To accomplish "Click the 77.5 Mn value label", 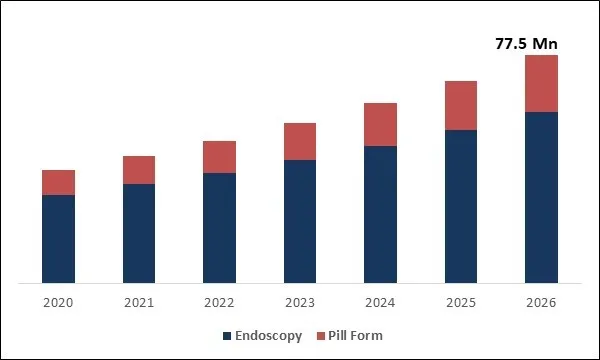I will (x=526, y=43).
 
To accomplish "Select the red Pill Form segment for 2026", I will (x=541, y=83).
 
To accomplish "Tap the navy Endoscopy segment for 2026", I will (x=541, y=197).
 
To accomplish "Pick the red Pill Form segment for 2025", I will (x=461, y=105).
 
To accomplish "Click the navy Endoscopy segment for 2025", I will (x=461, y=206).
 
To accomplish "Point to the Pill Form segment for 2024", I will (x=380, y=124).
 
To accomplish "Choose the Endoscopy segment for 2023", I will (x=300, y=221).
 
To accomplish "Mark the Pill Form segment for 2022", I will (x=219, y=157).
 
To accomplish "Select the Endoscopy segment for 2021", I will (x=139, y=233).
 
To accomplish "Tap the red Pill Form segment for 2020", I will (x=58, y=182).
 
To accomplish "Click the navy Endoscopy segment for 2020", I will (x=58, y=238).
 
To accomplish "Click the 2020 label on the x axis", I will (x=58, y=303).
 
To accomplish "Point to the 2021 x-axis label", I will (x=139, y=303).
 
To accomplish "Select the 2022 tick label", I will (x=219, y=303).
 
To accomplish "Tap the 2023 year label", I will (x=300, y=303).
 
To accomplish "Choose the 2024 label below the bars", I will (x=380, y=303).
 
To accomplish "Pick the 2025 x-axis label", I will (x=461, y=303).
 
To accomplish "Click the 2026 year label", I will (x=541, y=303).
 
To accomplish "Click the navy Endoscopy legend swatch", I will (x=226, y=335).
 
